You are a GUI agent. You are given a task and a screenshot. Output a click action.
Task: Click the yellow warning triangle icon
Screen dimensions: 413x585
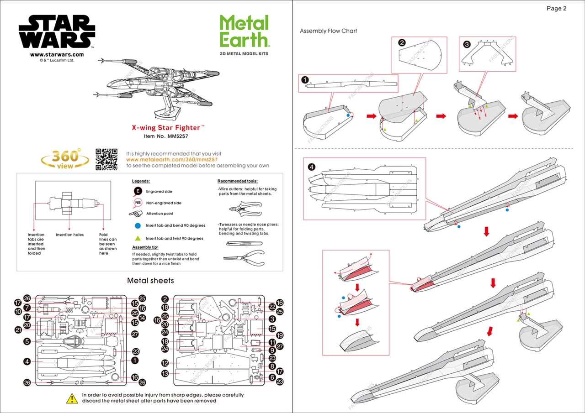(72, 398)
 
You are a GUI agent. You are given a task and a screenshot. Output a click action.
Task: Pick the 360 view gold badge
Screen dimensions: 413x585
(65, 159)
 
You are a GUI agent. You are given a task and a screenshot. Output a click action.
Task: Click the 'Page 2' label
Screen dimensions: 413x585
(556, 8)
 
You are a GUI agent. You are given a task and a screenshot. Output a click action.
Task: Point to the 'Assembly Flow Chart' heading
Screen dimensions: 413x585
(328, 31)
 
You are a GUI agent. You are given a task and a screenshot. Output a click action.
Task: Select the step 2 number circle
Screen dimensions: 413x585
(402, 43)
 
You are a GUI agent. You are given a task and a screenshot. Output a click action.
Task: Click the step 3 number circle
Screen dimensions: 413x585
(467, 44)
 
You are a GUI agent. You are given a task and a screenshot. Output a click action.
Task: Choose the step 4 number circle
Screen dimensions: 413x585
(312, 167)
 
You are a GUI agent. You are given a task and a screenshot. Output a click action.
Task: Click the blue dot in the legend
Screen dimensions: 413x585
(138, 225)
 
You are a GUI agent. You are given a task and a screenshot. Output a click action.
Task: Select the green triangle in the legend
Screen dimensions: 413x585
(138, 238)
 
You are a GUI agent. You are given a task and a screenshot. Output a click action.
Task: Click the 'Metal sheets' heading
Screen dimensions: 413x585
(150, 280)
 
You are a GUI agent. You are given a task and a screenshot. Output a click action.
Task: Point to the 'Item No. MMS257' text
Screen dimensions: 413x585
(166, 136)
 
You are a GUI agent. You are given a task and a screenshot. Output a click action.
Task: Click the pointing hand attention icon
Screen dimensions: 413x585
(136, 214)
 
